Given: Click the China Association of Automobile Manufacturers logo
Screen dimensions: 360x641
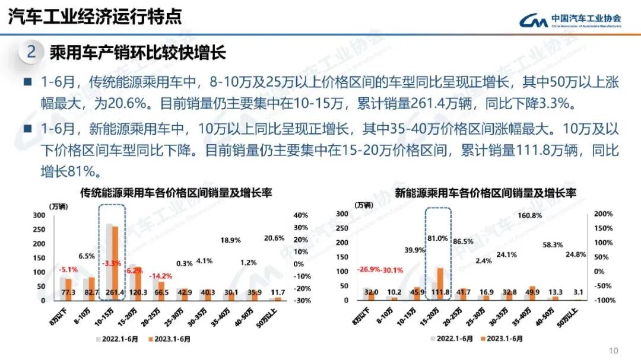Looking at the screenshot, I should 570,20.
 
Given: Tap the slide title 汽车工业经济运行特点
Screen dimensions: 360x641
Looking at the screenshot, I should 95,17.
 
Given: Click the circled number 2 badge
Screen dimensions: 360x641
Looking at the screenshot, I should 31,52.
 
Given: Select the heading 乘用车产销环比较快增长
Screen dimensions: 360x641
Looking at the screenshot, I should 138,53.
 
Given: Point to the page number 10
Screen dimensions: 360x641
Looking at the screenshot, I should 614,350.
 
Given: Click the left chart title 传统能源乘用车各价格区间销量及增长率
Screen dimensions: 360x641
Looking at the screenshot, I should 176,193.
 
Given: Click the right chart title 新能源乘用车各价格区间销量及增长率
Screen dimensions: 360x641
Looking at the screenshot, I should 485,193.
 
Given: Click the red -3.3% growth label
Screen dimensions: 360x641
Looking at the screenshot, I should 112,263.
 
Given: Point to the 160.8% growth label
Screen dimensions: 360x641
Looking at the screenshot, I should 529,215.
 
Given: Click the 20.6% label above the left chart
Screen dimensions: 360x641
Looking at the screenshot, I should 274,238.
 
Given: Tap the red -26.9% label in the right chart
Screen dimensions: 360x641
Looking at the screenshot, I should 368,270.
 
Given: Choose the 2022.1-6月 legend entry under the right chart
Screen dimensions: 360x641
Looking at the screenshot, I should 455,340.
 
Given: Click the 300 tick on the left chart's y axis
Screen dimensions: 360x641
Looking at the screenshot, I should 39,215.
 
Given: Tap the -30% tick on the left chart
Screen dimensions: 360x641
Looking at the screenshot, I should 301,301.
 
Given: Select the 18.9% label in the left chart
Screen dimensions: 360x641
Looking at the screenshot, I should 230,240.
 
